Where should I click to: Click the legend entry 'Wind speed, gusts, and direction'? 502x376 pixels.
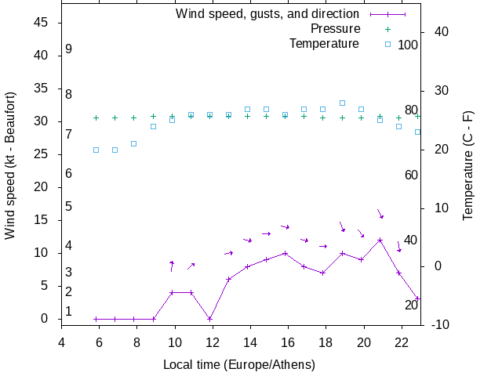point(267,13)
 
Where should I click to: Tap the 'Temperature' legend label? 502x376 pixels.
point(324,43)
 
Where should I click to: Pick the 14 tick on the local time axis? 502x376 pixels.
point(250,342)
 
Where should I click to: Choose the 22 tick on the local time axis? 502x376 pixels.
point(402,342)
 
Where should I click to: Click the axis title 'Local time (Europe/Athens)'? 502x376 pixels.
point(239,365)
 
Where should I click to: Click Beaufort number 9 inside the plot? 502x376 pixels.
point(69,49)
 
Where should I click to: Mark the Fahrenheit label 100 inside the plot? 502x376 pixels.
point(408,45)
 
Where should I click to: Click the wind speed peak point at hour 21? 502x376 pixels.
point(380,240)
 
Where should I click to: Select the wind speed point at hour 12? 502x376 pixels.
point(209,319)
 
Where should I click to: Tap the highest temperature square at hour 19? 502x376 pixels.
point(342,103)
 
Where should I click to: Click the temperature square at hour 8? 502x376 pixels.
point(134,143)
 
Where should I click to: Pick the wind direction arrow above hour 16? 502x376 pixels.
point(286,227)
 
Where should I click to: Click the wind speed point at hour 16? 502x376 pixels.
point(286,253)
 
